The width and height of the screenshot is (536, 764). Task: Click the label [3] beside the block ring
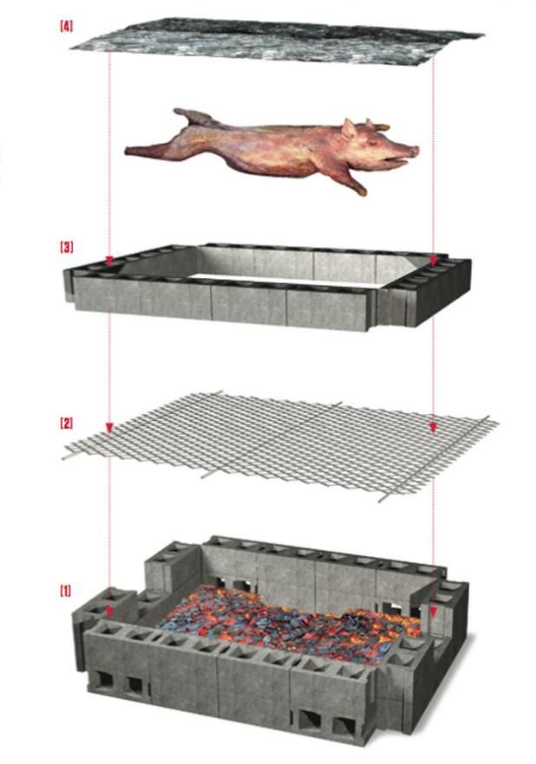pos(66,247)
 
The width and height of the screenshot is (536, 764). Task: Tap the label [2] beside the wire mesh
pos(66,424)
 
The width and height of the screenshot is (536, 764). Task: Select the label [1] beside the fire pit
pos(66,591)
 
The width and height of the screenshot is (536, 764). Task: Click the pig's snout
pos(413,151)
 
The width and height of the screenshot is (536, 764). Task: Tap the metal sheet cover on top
pos(278,43)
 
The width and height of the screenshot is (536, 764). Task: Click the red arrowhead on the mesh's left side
pos(109,428)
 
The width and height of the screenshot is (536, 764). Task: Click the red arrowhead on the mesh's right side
pos(434,426)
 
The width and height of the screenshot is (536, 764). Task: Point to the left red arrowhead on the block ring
pos(109,261)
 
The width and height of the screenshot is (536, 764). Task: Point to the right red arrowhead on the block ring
pos(434,259)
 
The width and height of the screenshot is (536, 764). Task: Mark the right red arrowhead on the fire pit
pos(434,612)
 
